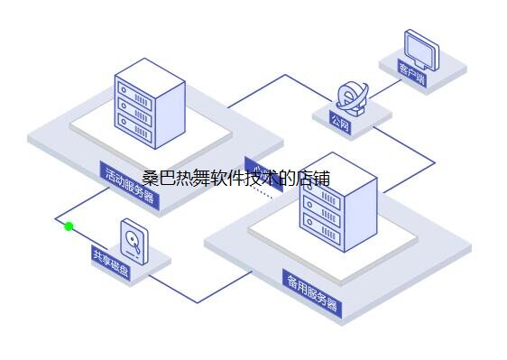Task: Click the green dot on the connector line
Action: click(x=69, y=226)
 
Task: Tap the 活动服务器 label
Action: click(x=130, y=185)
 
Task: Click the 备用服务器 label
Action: click(x=312, y=293)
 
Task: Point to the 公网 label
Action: click(x=339, y=121)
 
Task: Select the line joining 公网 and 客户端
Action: click(x=384, y=87)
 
